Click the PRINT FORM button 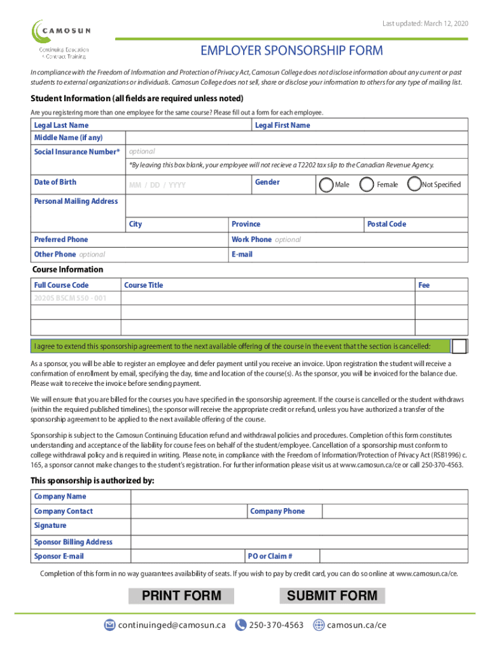[x=181, y=596]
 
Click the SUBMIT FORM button [x=332, y=596]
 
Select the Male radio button [x=326, y=185]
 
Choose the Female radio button [x=367, y=185]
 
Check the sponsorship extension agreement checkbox [x=459, y=346]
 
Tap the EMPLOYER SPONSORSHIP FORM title [x=292, y=50]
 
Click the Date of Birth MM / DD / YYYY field [x=157, y=185]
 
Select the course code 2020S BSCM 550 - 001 [x=71, y=298]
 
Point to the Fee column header [x=424, y=285]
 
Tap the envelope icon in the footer [x=109, y=625]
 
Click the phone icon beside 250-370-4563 [x=241, y=625]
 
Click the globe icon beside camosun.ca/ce [x=319, y=625]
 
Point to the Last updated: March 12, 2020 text [x=425, y=24]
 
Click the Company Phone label [x=277, y=511]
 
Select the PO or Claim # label [x=271, y=556]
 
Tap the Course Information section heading [x=67, y=269]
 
